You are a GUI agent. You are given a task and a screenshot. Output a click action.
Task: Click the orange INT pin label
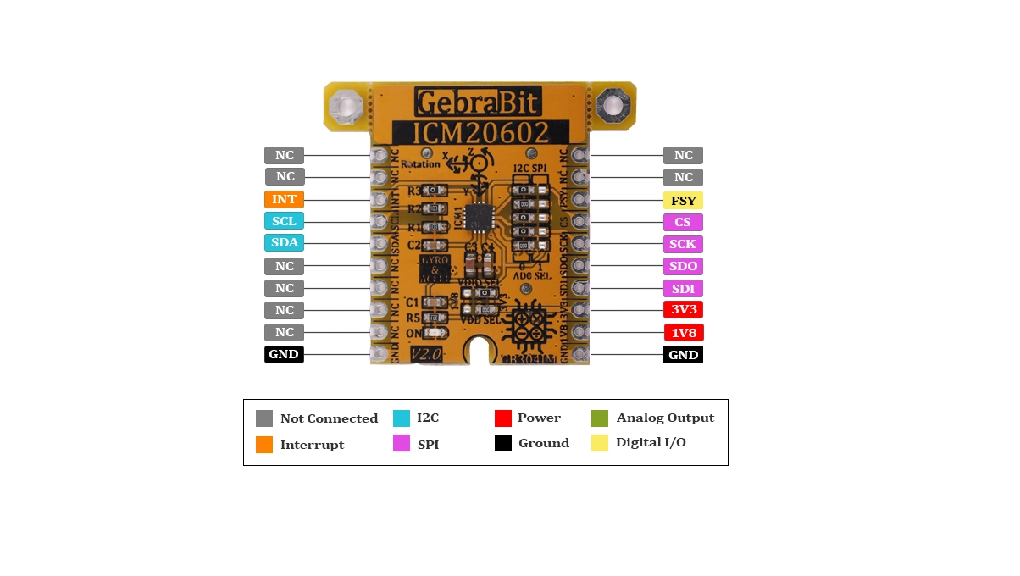click(x=284, y=199)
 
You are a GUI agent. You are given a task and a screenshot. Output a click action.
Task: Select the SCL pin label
click(x=284, y=221)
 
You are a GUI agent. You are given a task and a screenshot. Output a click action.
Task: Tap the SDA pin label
click(x=284, y=243)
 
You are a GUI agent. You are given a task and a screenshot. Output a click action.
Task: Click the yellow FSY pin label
click(x=683, y=201)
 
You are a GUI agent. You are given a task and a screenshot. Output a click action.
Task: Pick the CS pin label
click(x=683, y=222)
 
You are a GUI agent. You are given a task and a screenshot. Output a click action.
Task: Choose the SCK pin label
click(x=683, y=244)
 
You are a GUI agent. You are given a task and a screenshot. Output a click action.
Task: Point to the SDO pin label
click(x=683, y=266)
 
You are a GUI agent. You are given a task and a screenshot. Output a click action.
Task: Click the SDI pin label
click(x=683, y=288)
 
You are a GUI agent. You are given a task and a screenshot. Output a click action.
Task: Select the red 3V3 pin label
click(x=683, y=310)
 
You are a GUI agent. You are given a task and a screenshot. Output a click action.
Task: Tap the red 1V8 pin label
click(x=683, y=333)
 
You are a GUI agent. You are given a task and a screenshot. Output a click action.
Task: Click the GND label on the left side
click(x=284, y=354)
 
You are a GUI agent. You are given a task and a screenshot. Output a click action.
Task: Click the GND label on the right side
click(x=683, y=355)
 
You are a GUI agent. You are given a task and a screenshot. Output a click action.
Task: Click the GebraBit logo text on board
click(x=478, y=102)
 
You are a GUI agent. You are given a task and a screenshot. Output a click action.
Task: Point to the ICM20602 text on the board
click(x=480, y=132)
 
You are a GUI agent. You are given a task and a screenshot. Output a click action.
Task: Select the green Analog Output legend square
click(x=600, y=418)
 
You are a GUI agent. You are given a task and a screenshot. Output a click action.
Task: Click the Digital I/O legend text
click(x=651, y=443)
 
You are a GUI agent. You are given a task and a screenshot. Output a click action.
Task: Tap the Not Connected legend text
click(x=329, y=418)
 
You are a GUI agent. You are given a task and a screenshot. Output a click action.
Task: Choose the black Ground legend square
click(x=503, y=443)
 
